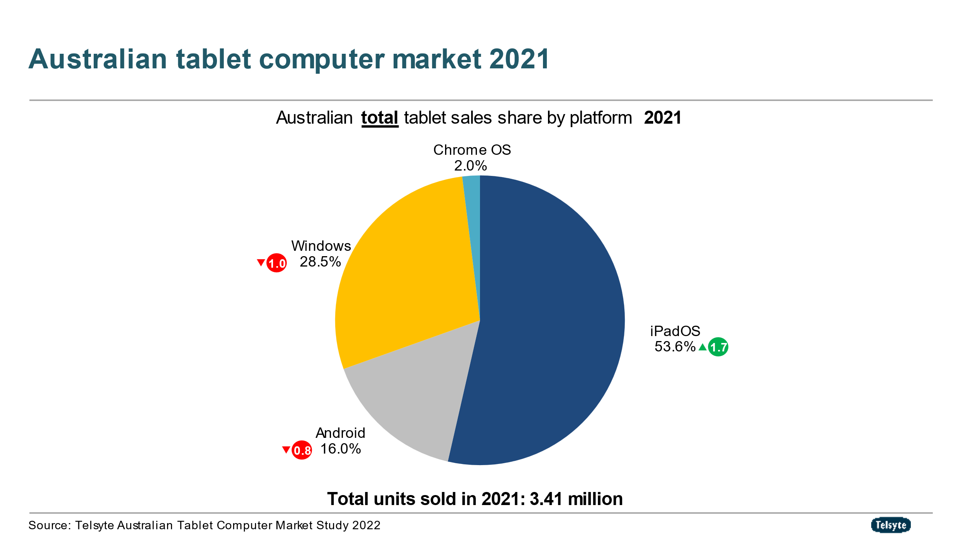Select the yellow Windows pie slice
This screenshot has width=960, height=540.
tap(407, 269)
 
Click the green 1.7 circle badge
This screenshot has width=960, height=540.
tap(718, 347)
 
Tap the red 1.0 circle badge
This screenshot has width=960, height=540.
tap(276, 263)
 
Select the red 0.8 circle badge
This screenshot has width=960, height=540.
tap(302, 450)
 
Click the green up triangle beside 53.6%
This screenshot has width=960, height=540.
tap(702, 347)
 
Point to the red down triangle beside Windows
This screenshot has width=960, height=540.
tap(261, 263)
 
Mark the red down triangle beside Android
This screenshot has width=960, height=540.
tap(286, 449)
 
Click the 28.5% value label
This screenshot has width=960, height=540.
tap(320, 262)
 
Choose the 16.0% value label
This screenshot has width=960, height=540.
tap(341, 449)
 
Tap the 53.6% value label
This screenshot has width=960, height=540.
tap(675, 346)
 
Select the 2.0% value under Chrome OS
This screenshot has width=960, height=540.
tap(470, 166)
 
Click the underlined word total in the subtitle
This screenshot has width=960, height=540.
tap(379, 118)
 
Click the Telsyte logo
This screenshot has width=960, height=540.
tap(890, 525)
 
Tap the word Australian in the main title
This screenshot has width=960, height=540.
tap(98, 59)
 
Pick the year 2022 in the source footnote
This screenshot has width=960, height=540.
tap(366, 525)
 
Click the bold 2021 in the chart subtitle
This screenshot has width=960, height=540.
tap(662, 118)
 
